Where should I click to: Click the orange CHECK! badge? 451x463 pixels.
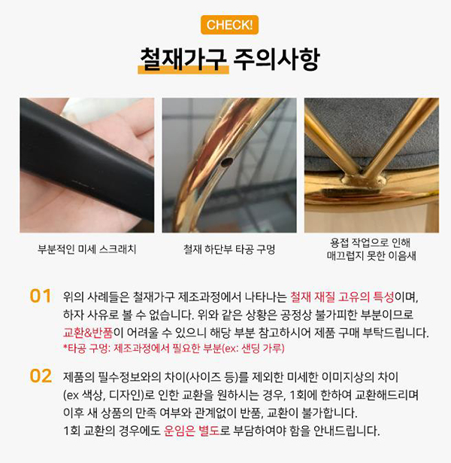click(229, 25)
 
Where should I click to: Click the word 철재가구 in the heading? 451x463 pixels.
click(183, 59)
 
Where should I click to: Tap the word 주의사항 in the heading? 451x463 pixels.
click(277, 59)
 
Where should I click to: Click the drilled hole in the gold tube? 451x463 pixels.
click(227, 162)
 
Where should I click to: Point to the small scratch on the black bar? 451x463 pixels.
click(80, 183)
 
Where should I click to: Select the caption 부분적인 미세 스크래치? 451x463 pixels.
click(87, 249)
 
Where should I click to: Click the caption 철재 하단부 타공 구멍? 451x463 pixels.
click(229, 249)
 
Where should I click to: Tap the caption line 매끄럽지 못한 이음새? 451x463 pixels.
click(371, 256)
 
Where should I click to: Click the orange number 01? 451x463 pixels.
click(41, 296)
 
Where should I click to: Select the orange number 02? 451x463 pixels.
click(41, 376)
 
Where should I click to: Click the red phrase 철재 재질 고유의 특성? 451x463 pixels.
click(342, 297)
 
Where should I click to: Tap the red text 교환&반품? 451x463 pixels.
click(88, 333)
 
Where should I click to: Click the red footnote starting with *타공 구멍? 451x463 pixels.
click(174, 349)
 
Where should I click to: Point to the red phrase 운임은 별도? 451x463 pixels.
click(192, 431)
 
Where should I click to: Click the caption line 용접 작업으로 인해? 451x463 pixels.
click(370, 242)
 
